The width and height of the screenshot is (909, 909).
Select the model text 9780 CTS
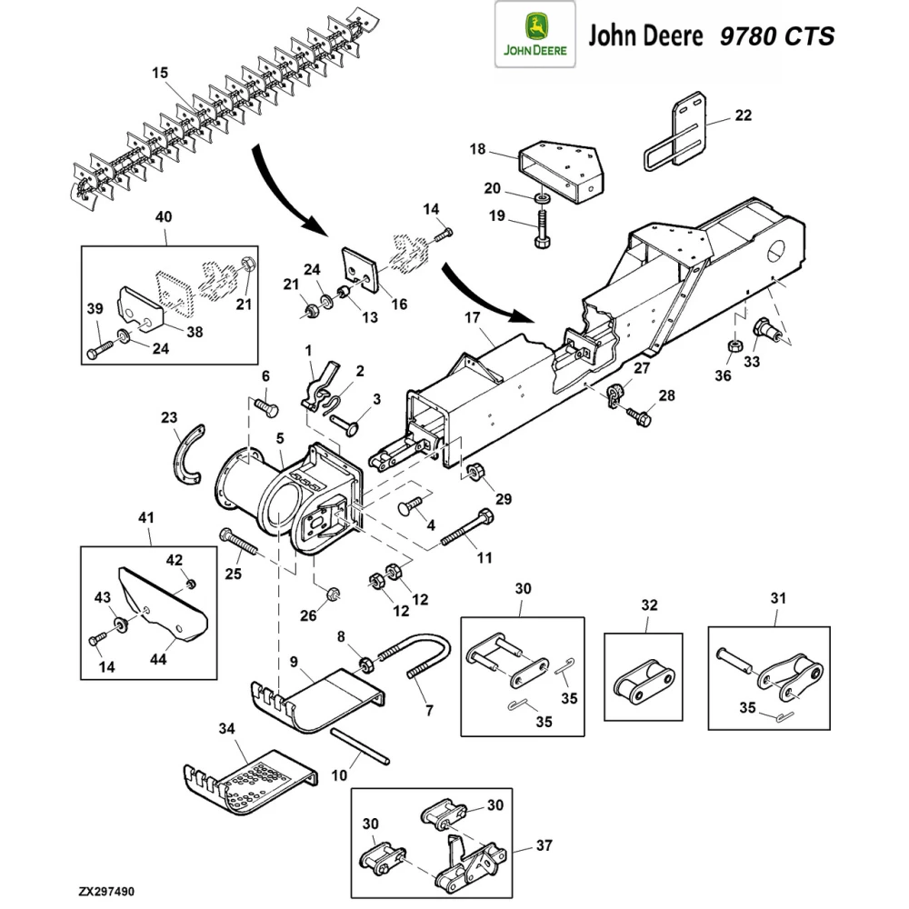click(x=776, y=36)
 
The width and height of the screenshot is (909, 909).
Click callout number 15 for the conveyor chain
click(x=159, y=73)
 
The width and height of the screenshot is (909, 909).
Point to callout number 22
click(x=743, y=115)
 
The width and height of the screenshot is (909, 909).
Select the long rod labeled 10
click(x=361, y=746)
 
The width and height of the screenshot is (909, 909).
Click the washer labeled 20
click(x=542, y=198)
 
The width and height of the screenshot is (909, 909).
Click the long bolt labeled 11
click(x=469, y=529)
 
